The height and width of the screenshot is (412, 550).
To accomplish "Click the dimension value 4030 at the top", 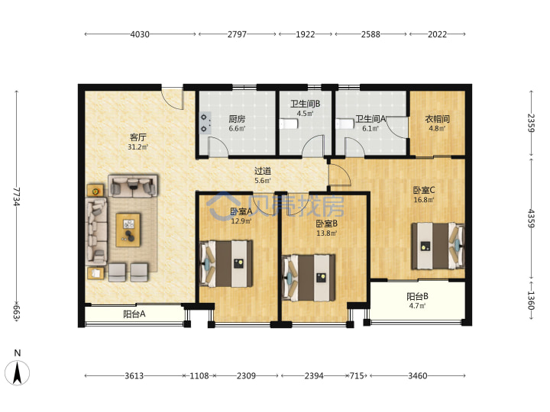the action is coord(140,34).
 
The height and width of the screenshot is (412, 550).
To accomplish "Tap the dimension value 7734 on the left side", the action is coord(17,197).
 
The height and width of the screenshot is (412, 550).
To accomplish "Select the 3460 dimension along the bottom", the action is coord(417,376).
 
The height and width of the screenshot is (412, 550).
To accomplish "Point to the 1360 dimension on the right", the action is coord(531,301).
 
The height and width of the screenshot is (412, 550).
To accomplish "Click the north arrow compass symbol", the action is coord(17,372).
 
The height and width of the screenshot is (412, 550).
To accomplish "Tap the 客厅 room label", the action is coord(137,137).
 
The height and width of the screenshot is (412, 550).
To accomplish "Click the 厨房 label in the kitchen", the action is coord(237,119).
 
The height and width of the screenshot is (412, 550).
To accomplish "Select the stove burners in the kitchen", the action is coord(204,124).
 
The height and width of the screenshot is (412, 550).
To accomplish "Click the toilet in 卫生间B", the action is coord(289,124).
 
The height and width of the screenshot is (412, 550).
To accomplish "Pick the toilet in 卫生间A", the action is coord(345,124).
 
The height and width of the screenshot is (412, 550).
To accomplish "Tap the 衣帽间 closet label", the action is coord(437,119).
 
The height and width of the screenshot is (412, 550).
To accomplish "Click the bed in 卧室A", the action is coord(226,264).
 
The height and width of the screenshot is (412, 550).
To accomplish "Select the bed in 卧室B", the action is coord(309,278).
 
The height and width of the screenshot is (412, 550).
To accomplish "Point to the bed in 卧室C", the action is coord(438,246).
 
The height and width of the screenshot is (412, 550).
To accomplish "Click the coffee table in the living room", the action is coord(128,230).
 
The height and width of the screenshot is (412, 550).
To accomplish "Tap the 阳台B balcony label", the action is coord(417,297).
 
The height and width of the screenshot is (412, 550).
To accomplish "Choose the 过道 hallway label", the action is coord(263,171).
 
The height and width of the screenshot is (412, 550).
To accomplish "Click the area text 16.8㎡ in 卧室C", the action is coord(424,200).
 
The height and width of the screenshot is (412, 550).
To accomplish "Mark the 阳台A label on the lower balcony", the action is coord(134,314).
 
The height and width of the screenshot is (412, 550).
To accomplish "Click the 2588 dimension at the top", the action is coord(370,34).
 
